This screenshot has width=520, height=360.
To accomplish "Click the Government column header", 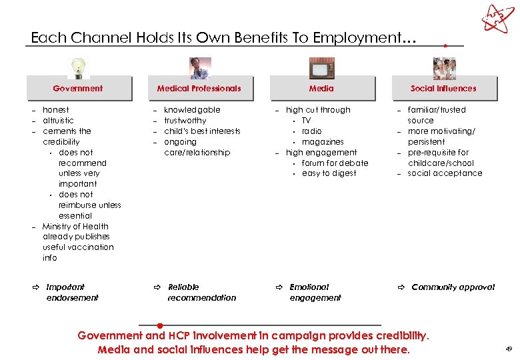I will click(x=78, y=88).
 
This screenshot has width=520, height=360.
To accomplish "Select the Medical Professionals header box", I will click(x=199, y=88).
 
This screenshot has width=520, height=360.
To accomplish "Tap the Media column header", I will click(x=321, y=88).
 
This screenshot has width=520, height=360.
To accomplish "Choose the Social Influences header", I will click(x=443, y=88).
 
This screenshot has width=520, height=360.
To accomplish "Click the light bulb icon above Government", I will click(x=79, y=67).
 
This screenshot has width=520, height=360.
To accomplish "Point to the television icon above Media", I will click(x=321, y=68).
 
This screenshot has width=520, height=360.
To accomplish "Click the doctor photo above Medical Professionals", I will click(x=199, y=68).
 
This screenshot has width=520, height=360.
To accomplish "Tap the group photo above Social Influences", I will click(x=444, y=68).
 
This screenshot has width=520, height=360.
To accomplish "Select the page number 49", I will click(x=509, y=349).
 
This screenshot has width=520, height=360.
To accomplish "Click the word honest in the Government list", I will click(x=56, y=110).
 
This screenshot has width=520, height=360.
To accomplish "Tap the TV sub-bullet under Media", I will click(x=306, y=121).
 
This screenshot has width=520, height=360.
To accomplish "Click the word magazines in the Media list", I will click(x=323, y=142).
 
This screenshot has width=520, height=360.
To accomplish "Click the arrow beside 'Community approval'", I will click(x=401, y=287).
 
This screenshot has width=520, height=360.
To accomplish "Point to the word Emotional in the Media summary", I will click(x=309, y=287).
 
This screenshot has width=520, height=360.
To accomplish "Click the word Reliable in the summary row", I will click(x=183, y=287).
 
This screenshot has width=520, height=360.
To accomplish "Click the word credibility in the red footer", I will click(x=402, y=335).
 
